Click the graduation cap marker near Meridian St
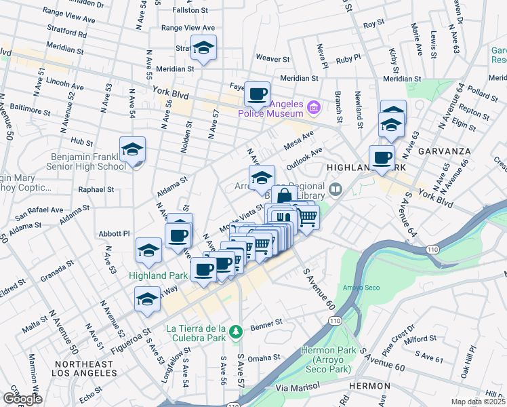point(203,48)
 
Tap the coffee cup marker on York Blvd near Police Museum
point(257,94)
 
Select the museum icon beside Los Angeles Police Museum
point(313,106)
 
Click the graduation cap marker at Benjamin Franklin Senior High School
point(133,150)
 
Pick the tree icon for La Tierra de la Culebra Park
point(235,332)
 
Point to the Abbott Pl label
point(115,233)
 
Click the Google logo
point(22,398)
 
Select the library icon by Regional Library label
point(336,189)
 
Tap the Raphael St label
point(96,190)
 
